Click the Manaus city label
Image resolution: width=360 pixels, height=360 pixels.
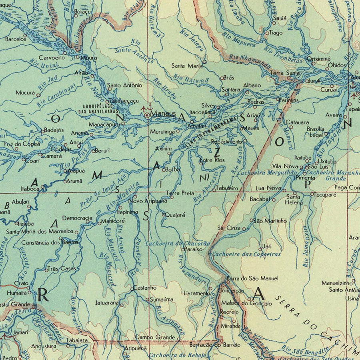point(163,114)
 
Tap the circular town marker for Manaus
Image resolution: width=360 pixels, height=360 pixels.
point(147,115)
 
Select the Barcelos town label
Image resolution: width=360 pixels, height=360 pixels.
point(16,39)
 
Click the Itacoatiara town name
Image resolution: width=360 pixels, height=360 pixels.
point(203,113)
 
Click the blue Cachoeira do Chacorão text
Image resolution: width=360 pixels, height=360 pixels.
point(177,243)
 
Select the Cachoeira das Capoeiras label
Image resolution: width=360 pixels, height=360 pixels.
point(246,254)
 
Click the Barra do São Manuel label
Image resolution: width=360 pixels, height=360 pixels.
point(247,278)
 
